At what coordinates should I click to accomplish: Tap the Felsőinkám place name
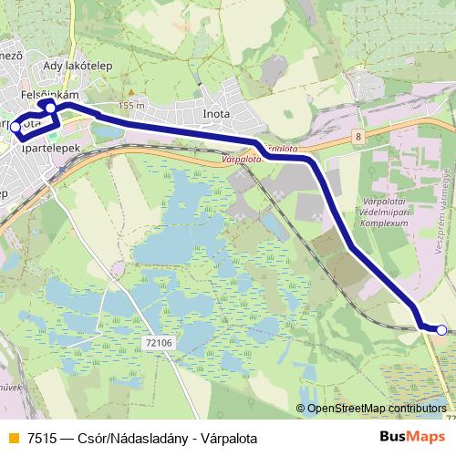pos(51,94)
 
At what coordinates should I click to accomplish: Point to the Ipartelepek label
pos(54,147)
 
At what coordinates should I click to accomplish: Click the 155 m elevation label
pos(131,106)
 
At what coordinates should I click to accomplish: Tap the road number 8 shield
pos(359,136)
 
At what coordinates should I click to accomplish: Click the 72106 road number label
pos(159,342)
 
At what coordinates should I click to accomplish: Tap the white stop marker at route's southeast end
pos(441,330)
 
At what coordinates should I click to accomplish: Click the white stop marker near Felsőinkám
pos(51,108)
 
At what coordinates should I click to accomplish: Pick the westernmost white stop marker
pos(16,127)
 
